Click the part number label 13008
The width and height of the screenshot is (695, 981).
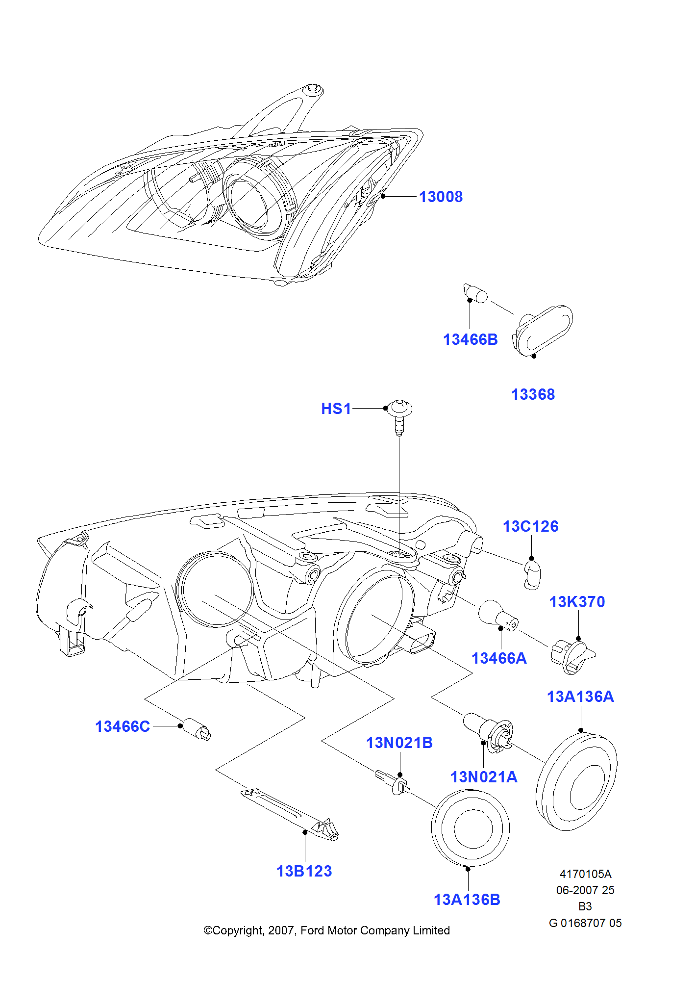click(x=441, y=197)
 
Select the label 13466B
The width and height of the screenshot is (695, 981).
click(x=470, y=339)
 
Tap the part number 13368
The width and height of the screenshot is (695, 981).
click(x=533, y=394)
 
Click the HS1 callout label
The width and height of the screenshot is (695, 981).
click(x=336, y=409)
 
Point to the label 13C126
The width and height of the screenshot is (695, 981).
click(x=530, y=526)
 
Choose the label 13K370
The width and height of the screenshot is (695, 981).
click(x=577, y=602)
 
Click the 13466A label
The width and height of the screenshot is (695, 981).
click(x=499, y=658)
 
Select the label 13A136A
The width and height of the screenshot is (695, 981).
click(x=580, y=697)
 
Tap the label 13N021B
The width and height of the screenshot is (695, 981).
click(x=399, y=743)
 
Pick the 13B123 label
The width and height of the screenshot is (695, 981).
click(x=304, y=871)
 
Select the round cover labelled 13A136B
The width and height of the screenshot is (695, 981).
click(x=471, y=828)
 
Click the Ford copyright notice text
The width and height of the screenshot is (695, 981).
click(x=326, y=930)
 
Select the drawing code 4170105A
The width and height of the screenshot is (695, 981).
click(x=585, y=874)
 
